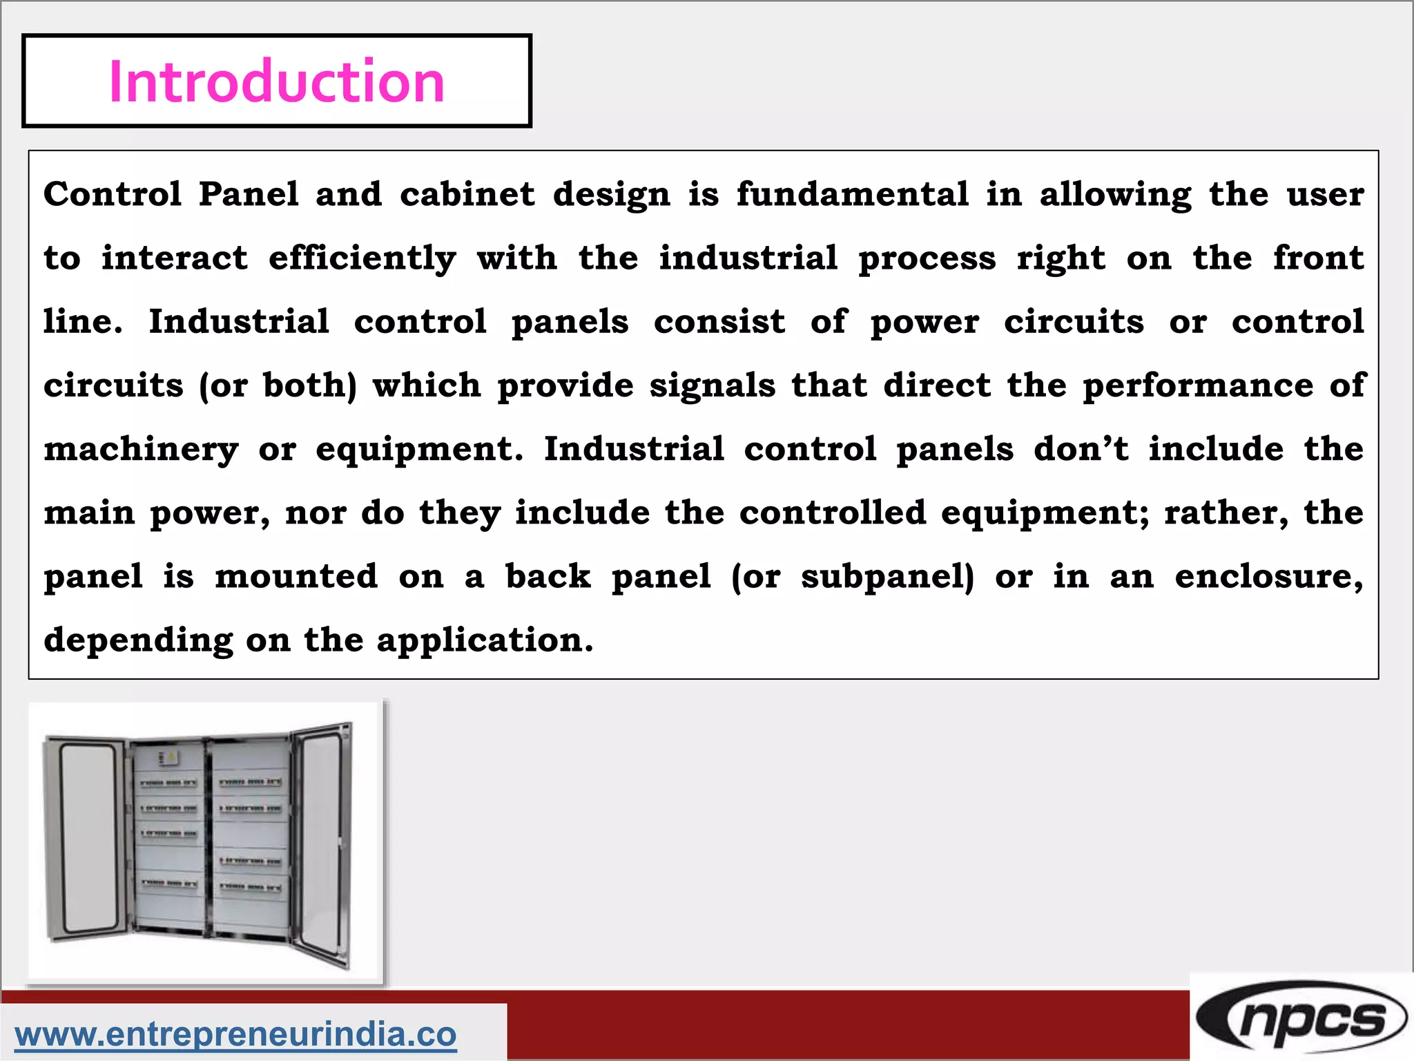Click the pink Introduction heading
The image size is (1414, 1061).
tap(276, 82)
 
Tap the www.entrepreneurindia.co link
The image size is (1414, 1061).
tap(235, 1034)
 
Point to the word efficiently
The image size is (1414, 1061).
tap(362, 258)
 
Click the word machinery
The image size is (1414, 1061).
tap(141, 450)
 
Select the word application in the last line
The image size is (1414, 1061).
tap(484, 640)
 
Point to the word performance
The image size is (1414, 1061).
tap(1198, 385)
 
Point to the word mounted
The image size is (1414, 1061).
tap(296, 577)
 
